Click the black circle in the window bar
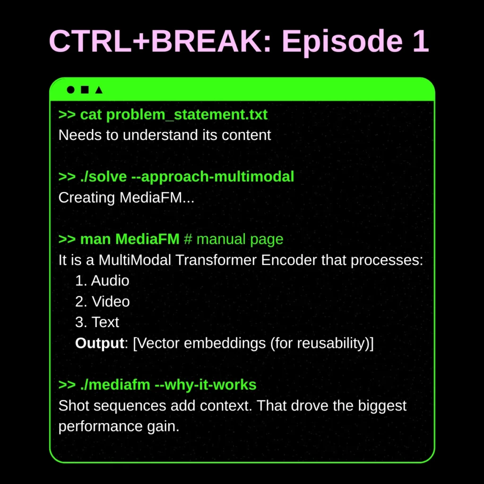pos(71,89)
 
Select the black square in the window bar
pos(85,89)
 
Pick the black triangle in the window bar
pos(98,89)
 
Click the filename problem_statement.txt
pos(187,114)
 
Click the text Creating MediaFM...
pos(126,197)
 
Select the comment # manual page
pos(233,239)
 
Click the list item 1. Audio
pos(102,281)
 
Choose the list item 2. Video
pos(103,302)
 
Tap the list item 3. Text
pos(97,322)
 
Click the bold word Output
pos(99,343)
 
